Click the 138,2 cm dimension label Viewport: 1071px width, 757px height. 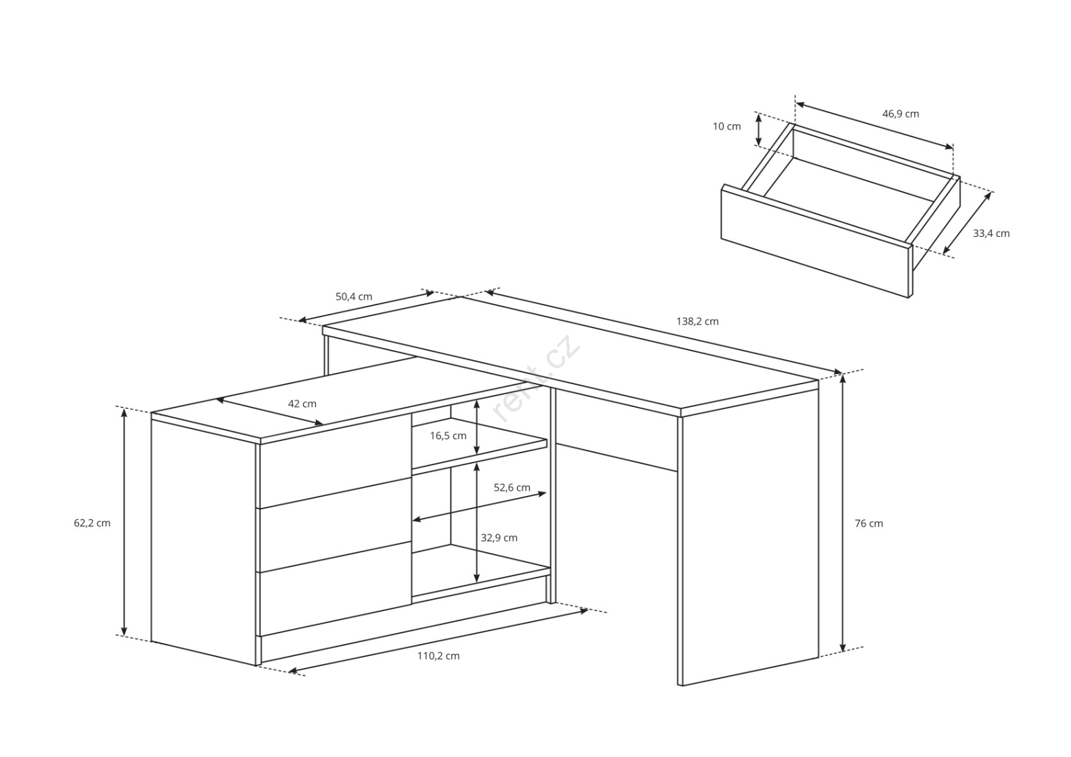697,321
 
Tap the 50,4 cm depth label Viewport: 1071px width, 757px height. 354,297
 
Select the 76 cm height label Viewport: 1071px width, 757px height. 869,523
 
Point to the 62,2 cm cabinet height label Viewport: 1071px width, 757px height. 92,523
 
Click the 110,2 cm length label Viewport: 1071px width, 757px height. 438,656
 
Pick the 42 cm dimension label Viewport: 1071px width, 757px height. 302,404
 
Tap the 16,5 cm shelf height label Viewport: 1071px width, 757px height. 448,436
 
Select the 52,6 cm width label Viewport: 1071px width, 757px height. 512,488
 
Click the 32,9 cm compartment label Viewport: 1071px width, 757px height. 499,538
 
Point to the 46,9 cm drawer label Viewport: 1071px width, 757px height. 901,114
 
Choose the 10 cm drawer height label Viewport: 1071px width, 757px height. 727,127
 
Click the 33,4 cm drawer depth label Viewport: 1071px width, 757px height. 991,234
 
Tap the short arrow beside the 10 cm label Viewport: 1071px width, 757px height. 758,129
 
